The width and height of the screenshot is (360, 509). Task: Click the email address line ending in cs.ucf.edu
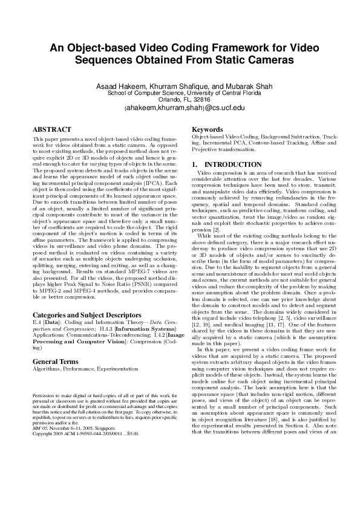pyautogui.click(x=180, y=108)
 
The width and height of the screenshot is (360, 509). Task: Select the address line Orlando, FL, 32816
pyautogui.click(x=180, y=100)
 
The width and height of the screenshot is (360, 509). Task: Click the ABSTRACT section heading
pyautogui.click(x=52, y=130)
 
